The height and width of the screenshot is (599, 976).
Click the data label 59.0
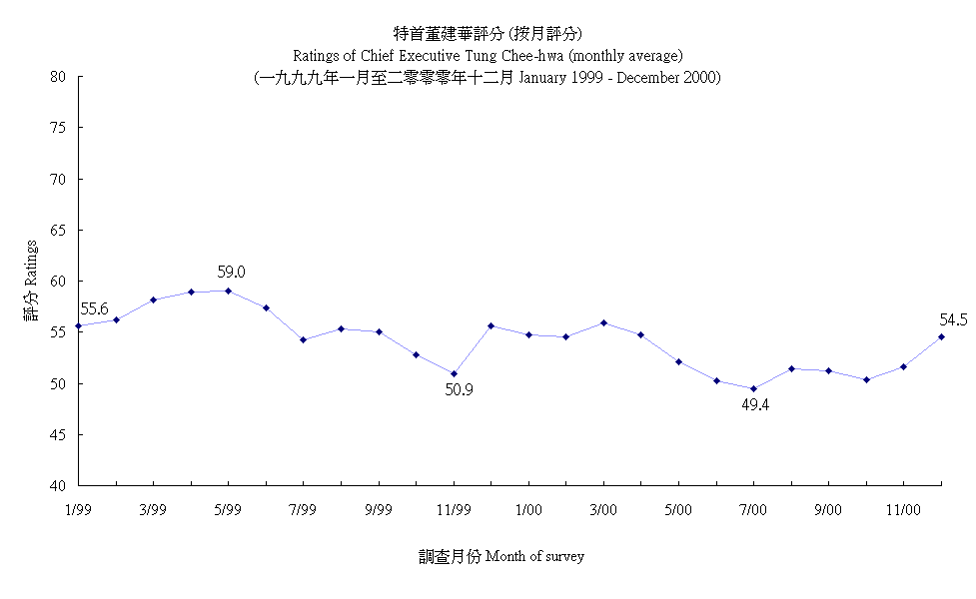click(232, 272)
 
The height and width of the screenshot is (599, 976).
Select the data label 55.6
click(94, 309)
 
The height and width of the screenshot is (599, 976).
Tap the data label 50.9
click(459, 389)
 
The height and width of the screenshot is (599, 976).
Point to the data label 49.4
click(755, 404)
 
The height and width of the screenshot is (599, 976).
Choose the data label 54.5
click(953, 319)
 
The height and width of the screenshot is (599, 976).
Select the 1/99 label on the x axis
click(78, 509)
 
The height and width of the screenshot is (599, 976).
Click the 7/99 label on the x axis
click(303, 509)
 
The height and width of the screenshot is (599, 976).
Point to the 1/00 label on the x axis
click(528, 509)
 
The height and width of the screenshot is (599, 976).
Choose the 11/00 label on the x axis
click(903, 509)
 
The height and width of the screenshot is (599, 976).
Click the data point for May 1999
click(228, 291)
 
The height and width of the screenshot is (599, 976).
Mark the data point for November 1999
click(454, 373)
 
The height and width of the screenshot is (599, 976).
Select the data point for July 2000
click(753, 389)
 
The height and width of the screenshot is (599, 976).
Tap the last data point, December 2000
click(941, 336)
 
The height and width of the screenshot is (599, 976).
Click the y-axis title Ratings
click(32, 282)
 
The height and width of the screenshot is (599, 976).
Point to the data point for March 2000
click(603, 322)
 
